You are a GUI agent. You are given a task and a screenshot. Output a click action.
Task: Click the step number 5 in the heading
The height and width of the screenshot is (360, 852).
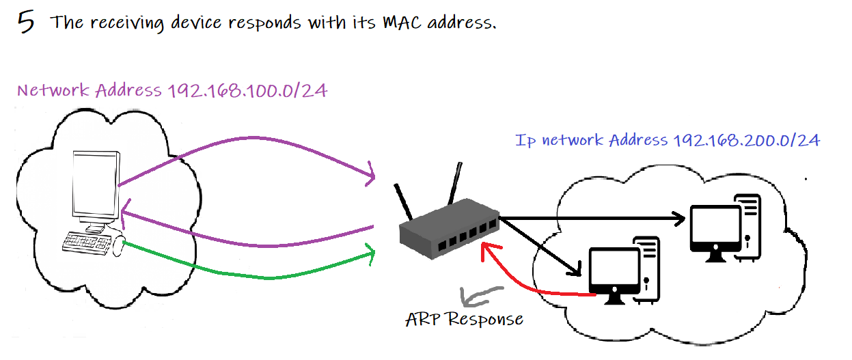[25, 23]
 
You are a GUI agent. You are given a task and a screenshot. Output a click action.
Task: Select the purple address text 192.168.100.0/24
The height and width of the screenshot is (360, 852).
[247, 91]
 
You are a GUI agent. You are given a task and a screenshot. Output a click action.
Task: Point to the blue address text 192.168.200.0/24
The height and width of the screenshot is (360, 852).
[746, 140]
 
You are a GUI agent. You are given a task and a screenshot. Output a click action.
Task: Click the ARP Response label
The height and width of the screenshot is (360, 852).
[464, 319]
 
